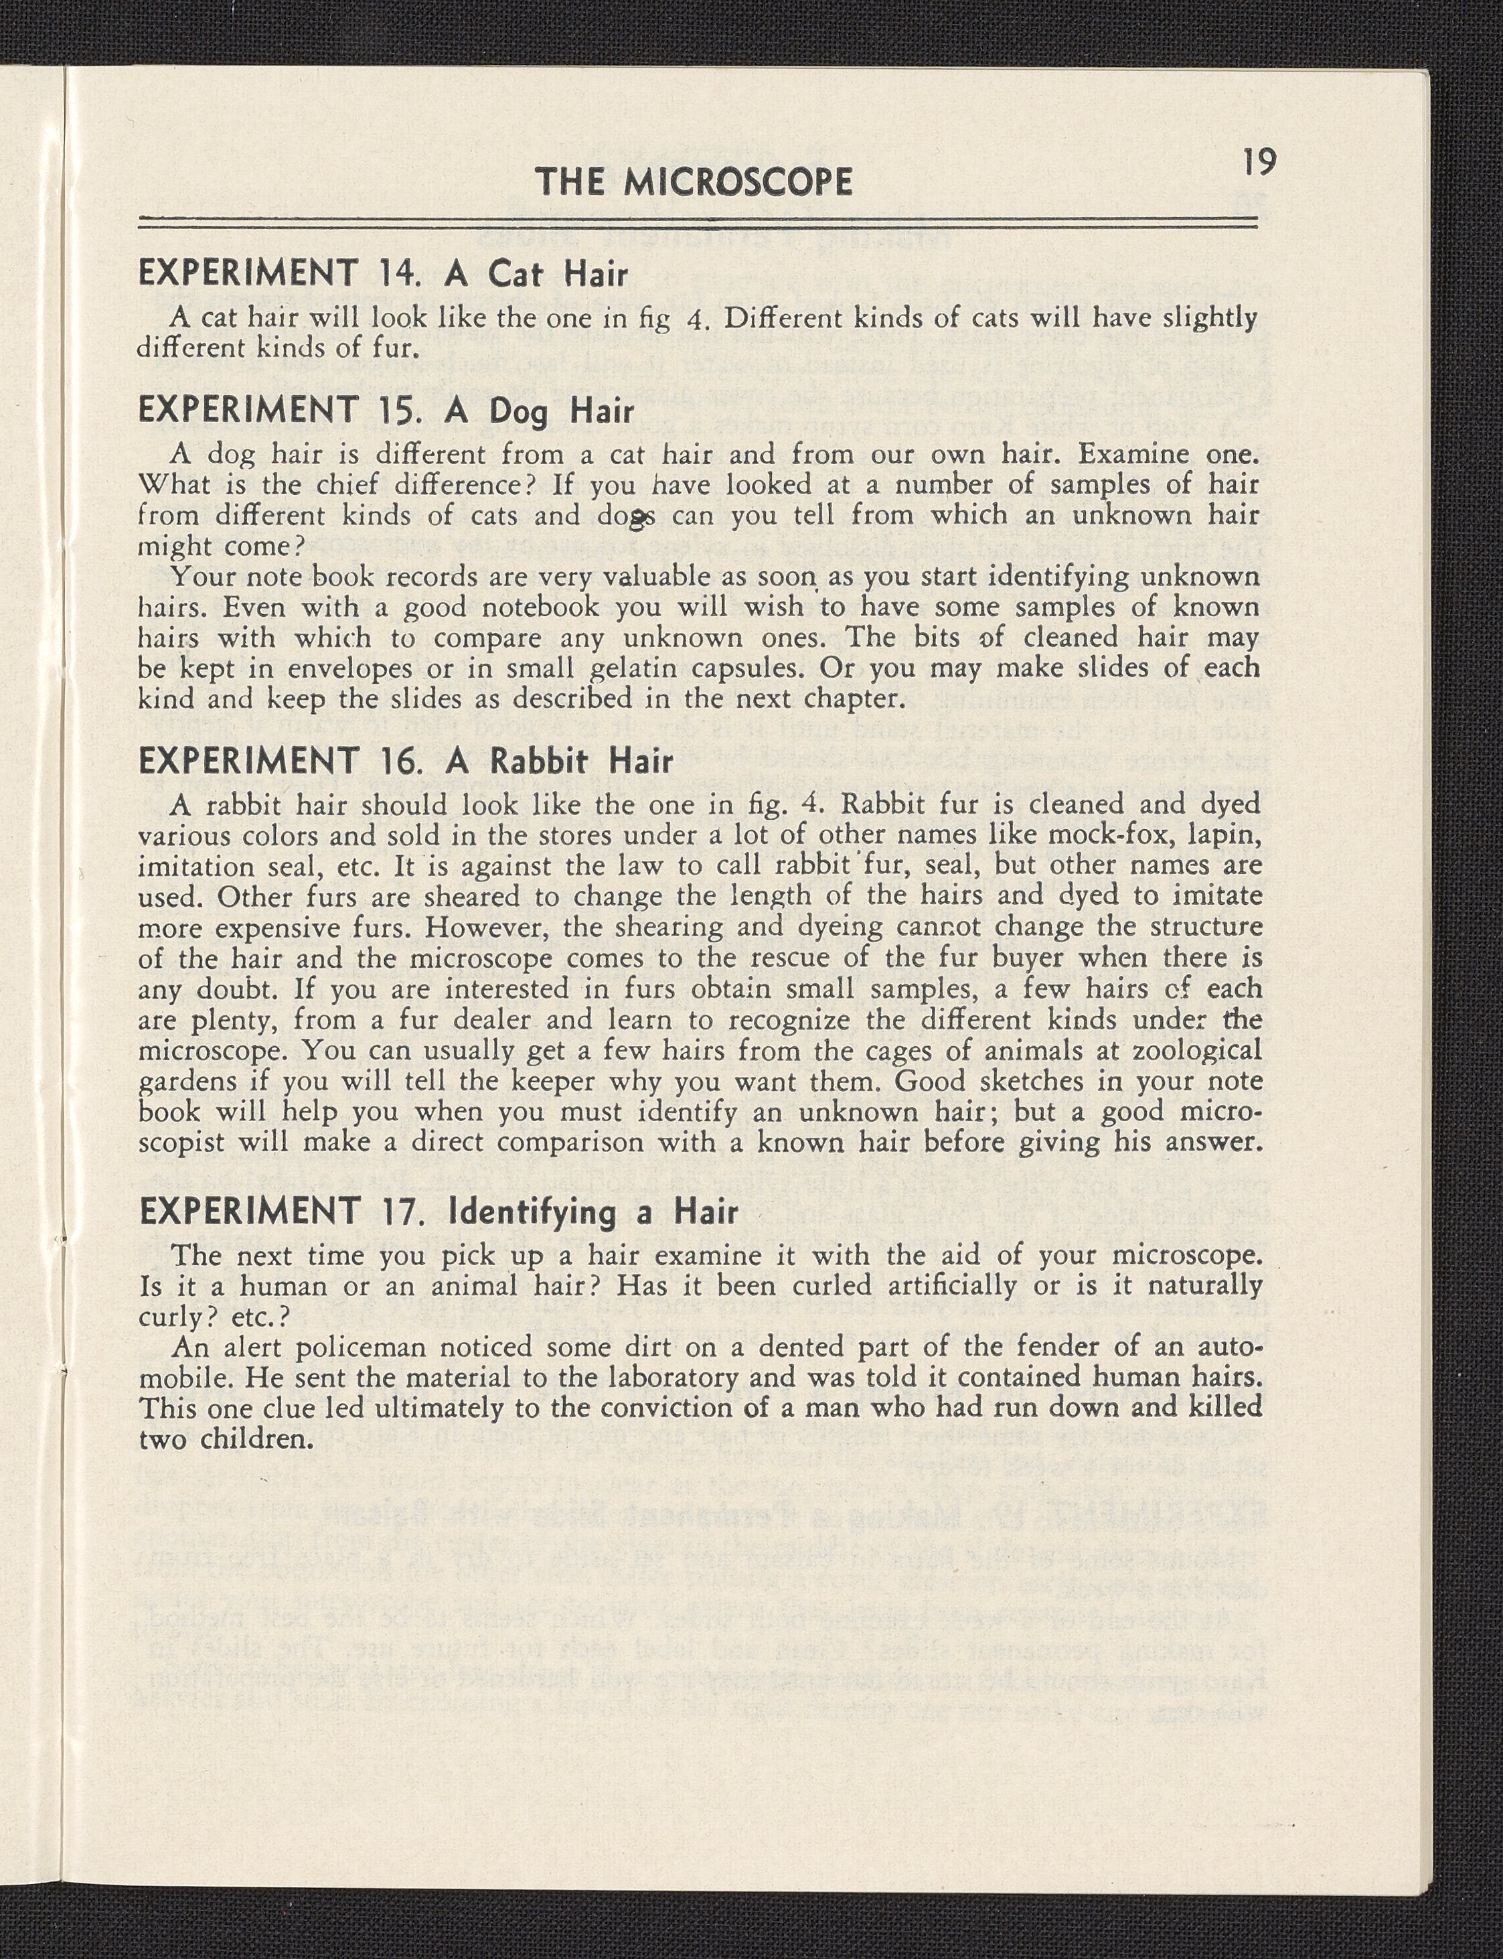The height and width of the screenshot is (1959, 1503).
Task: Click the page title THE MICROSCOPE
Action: click(x=694, y=183)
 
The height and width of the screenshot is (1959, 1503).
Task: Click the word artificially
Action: click(x=945, y=1286)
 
